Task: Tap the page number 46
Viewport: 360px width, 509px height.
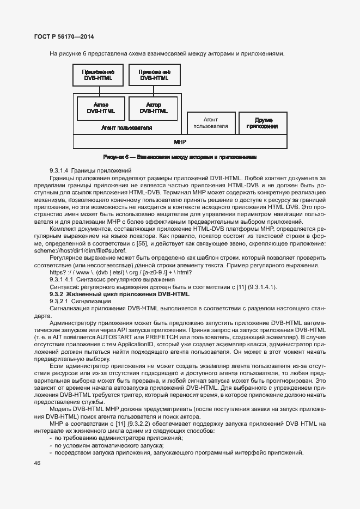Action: coord(38,463)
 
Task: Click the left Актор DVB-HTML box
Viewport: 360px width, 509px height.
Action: coord(101,108)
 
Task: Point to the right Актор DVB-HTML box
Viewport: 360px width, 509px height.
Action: coord(154,108)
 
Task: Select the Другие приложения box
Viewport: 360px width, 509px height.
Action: coord(262,123)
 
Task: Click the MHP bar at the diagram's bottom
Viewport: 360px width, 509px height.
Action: coord(180,142)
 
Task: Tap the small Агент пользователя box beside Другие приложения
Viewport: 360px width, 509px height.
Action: coord(211,123)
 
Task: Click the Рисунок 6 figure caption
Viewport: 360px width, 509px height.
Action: coord(180,157)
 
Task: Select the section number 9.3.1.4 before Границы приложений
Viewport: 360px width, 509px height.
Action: coord(59,171)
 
